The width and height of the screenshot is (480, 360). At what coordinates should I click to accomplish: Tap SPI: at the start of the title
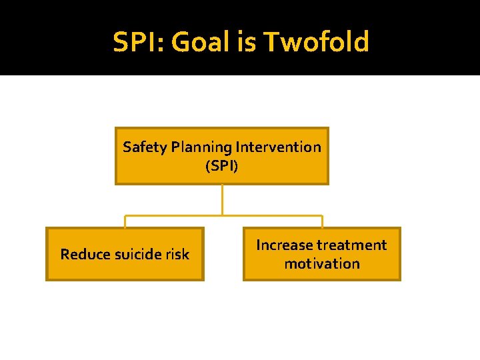pos(138,42)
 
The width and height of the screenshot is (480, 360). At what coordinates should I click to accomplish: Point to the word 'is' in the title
pos(249,42)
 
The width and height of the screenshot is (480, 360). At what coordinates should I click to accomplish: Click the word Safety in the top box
pos(142,147)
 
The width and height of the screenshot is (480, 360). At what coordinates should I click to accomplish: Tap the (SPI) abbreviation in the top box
pos(222,165)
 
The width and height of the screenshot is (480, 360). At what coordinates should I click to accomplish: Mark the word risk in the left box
pos(177,254)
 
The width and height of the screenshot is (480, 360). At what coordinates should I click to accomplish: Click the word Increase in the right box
pos(285,245)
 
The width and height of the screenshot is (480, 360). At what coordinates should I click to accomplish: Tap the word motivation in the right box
pos(322,263)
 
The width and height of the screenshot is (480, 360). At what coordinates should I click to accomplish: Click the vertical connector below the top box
pos(222,199)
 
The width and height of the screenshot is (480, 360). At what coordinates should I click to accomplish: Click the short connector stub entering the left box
pos(125,221)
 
